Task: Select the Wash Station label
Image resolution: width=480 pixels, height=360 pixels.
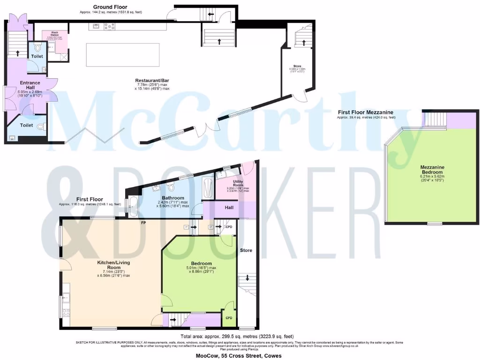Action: click(51, 34)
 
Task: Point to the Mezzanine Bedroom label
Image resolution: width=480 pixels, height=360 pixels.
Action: click(432, 169)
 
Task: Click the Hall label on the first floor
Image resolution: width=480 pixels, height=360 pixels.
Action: click(229, 207)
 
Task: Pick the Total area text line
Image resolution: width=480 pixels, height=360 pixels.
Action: click(237, 336)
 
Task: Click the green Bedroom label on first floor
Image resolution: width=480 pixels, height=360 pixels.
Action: click(202, 263)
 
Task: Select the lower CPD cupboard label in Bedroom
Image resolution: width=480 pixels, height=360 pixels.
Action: click(229, 317)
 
